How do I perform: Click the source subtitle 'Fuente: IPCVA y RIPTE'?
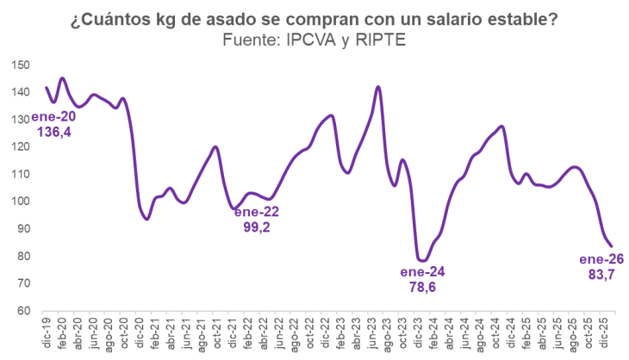[314, 40]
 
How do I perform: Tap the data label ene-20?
[53, 118]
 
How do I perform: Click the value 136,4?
[53, 133]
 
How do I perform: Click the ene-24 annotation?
[423, 273]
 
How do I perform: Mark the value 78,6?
[423, 289]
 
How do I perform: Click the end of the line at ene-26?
[611, 246]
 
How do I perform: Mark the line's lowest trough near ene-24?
[422, 260]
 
